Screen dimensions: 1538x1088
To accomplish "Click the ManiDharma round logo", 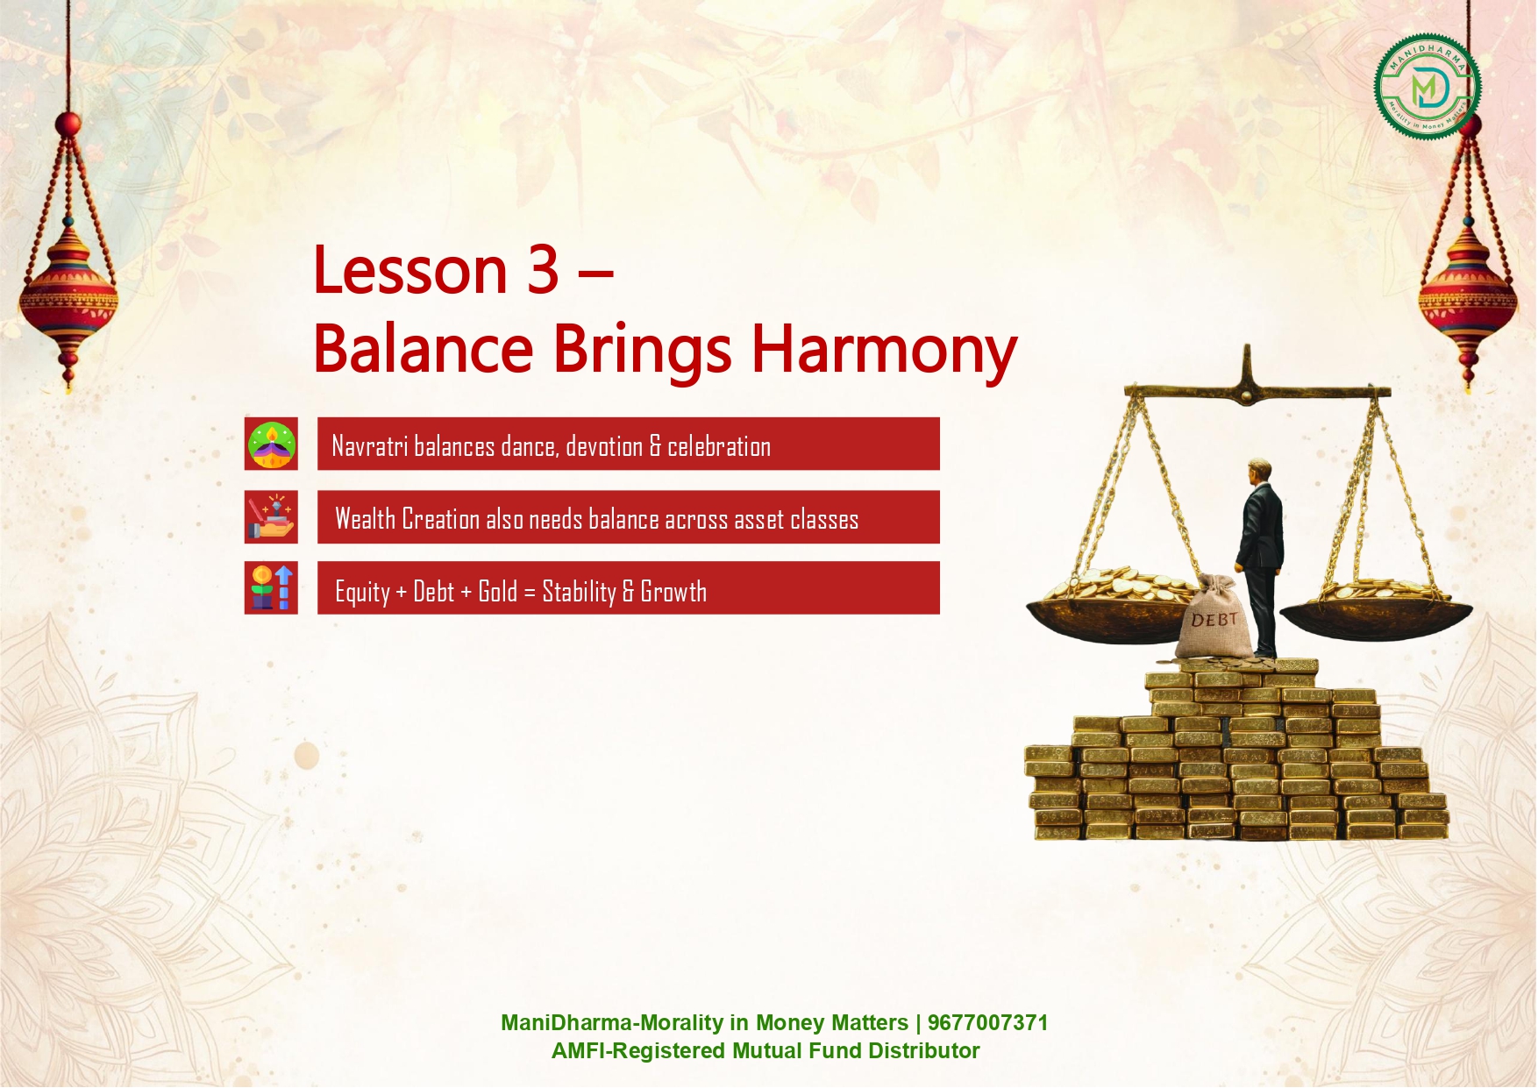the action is [1428, 87].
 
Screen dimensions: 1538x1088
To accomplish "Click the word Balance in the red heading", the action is [424, 348].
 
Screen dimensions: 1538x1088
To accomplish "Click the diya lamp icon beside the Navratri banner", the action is [271, 444].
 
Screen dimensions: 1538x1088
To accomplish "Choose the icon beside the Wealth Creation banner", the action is [271, 517].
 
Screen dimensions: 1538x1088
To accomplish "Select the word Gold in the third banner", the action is [497, 591].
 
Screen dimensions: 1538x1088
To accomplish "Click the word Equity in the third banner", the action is [362, 593].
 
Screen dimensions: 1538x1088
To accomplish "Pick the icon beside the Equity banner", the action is [271, 587].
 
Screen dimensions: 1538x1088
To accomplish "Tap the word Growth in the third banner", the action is [673, 591].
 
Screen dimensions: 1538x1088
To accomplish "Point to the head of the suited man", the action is [1261, 469].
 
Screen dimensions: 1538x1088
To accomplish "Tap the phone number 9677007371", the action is [987, 1023].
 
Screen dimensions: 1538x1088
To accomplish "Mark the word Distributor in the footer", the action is [924, 1051].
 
